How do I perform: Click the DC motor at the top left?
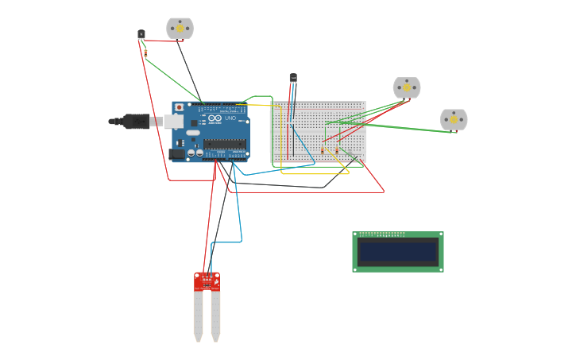point(180,28)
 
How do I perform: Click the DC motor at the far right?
point(454,119)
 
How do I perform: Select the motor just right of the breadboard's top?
point(406,87)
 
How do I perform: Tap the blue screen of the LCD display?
point(397,253)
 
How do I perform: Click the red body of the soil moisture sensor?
point(207,281)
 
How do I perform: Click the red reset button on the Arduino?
point(179,107)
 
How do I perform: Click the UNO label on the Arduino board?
point(230,118)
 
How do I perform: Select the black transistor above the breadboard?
point(293,78)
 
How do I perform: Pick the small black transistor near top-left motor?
point(141,34)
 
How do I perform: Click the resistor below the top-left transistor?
point(145,52)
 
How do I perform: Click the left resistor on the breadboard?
point(323,150)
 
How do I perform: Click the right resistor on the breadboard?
point(337,150)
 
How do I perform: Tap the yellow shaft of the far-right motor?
point(454,119)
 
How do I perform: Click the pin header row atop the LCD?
point(382,234)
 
